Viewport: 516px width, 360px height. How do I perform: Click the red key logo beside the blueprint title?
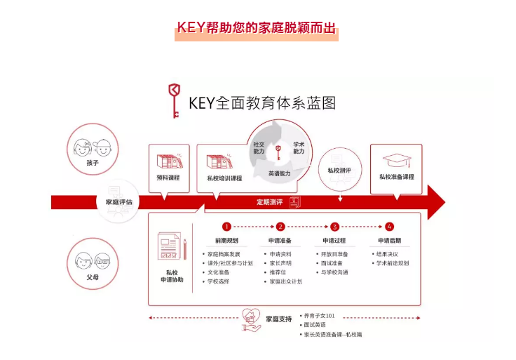point(174,100)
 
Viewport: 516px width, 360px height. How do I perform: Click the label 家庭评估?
point(119,202)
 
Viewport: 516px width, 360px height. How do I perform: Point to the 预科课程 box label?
point(168,178)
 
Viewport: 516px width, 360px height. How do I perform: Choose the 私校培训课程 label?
point(224,178)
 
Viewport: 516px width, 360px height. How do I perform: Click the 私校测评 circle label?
point(339,170)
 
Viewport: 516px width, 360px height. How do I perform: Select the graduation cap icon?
point(396,159)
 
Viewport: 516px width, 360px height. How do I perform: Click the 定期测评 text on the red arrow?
point(269,202)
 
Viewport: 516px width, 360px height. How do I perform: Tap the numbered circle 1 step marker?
point(226,227)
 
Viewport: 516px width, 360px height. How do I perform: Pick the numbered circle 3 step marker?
point(335,227)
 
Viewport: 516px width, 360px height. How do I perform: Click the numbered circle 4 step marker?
point(390,227)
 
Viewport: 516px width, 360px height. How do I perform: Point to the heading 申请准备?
point(280,240)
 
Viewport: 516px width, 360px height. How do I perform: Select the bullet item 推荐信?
point(278,272)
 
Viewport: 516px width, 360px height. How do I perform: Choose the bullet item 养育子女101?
point(320,316)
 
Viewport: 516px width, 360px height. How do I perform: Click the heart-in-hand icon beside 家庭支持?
point(251,318)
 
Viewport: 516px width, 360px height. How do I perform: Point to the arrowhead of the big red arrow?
point(436,202)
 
